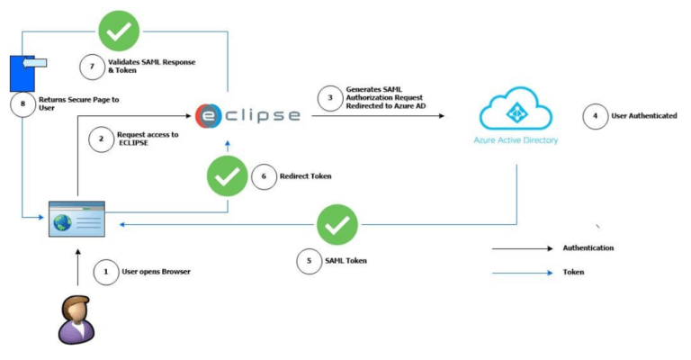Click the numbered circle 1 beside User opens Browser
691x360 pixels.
106,271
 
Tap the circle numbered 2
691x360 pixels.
102,139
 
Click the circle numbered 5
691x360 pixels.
310,260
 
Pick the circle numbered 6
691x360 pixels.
262,176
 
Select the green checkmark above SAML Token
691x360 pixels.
337,225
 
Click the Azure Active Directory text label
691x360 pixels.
516,141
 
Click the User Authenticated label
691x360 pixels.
645,116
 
